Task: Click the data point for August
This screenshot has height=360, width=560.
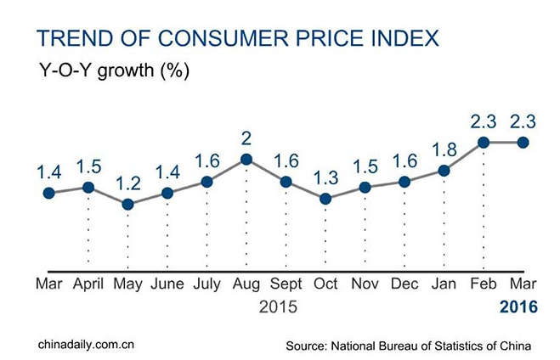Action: click(246, 159)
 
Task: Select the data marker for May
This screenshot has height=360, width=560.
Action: click(127, 204)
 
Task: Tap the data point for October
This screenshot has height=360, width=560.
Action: click(325, 199)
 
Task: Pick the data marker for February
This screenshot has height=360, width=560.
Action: click(484, 143)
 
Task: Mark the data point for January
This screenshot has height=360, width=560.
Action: click(444, 171)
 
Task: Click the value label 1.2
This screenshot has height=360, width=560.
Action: click(127, 184)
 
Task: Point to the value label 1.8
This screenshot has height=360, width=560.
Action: click(444, 151)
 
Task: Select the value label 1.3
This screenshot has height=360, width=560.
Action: click(325, 179)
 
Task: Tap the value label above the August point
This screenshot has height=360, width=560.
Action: click(246, 138)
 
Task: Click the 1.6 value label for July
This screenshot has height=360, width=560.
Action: click(206, 161)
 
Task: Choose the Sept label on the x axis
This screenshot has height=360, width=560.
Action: click(286, 284)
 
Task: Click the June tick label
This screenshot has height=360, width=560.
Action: click(167, 284)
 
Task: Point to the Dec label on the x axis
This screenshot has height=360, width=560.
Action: click(405, 284)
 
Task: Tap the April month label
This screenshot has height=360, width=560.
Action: click(88, 284)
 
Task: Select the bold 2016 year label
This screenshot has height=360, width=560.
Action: click(519, 307)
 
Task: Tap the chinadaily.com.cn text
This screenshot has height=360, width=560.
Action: click(86, 343)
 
